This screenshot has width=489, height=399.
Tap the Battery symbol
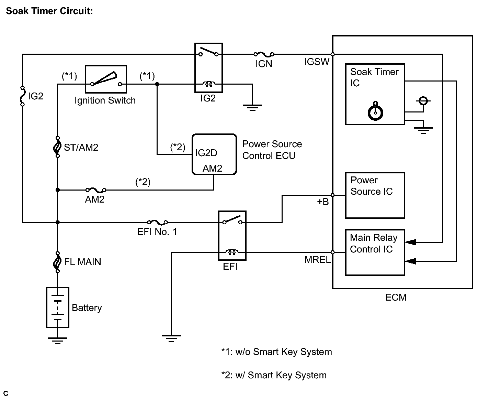click(x=58, y=307)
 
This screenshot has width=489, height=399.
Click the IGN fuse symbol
click(x=264, y=54)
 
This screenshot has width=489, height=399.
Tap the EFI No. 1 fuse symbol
click(x=157, y=223)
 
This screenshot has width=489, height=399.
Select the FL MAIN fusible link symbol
click(x=57, y=262)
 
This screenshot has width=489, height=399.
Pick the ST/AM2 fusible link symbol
click(x=57, y=147)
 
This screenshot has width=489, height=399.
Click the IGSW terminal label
click(x=317, y=62)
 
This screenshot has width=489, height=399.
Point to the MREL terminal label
click(x=317, y=260)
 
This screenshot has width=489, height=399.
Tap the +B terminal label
click(x=322, y=202)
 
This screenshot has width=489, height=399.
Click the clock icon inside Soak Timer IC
click(x=375, y=111)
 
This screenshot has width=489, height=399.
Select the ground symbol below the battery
click(x=58, y=341)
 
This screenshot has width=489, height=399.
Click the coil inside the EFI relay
click(x=232, y=252)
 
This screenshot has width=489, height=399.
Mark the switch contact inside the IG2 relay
click(x=208, y=52)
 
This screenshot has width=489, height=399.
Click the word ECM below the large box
click(x=396, y=297)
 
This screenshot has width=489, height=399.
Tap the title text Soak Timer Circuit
click(x=49, y=11)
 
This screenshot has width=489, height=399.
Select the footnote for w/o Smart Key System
click(x=277, y=352)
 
